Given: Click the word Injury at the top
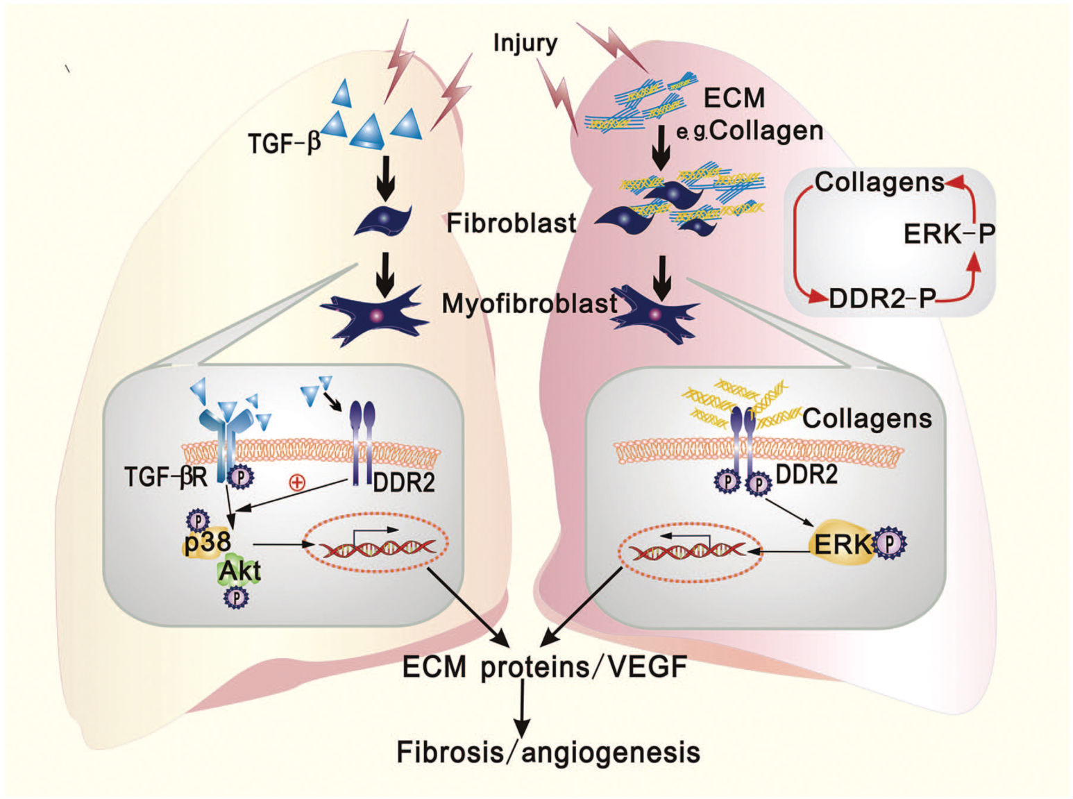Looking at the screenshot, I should (x=525, y=43).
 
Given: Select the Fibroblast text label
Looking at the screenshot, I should (x=511, y=223).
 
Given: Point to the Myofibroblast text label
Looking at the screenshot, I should (x=529, y=303).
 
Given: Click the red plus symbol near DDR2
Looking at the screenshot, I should (x=297, y=482).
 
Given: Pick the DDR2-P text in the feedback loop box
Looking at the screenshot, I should (x=882, y=299).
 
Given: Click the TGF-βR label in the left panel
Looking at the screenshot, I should (x=166, y=478).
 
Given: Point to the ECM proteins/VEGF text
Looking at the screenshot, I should (x=545, y=667).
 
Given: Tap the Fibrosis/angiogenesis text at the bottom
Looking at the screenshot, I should (x=548, y=752).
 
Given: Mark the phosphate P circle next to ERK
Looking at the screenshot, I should (x=889, y=544).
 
